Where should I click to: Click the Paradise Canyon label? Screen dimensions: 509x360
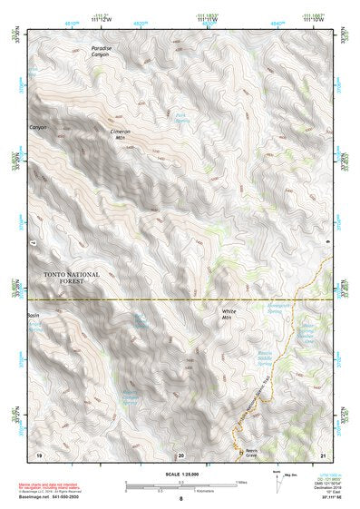pos(102,51)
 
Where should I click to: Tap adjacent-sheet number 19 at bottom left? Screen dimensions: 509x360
pos(39,454)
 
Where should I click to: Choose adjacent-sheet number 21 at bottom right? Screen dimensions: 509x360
pos(325,454)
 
